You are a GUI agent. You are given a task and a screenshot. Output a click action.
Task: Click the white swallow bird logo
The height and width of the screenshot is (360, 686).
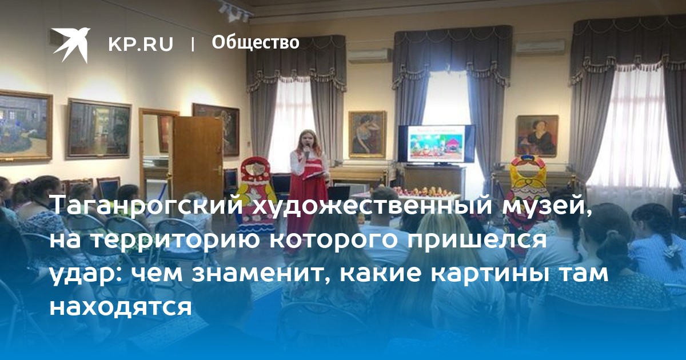coord(71,45)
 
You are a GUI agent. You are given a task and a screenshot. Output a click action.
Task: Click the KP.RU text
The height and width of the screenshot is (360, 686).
coord(141,44)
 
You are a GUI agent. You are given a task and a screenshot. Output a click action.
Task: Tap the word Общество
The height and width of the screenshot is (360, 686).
coord(256,42)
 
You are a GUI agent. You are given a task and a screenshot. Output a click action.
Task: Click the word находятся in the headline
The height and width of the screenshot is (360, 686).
coord(121,306)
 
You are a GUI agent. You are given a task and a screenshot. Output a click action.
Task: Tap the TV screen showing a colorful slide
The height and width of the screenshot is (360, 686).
coord(436,143)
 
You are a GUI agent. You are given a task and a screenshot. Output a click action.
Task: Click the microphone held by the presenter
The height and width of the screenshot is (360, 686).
coord(307,152)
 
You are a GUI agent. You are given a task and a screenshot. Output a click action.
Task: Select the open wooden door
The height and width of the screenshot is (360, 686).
coord(198,156)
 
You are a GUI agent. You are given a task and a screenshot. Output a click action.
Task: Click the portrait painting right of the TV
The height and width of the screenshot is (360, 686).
coord(537,136)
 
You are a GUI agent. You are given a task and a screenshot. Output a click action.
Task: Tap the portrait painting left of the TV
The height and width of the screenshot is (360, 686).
coord(368,135)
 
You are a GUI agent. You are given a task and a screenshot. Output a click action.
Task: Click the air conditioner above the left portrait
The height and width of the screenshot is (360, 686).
coord(370,56)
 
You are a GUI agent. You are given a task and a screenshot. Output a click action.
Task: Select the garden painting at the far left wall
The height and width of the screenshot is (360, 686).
coord(25,126)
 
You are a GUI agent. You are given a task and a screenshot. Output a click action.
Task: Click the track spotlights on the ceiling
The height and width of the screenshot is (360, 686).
coord(235,11)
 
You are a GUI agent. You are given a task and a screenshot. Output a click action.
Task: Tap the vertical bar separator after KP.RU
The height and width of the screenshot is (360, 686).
coord(193,44)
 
